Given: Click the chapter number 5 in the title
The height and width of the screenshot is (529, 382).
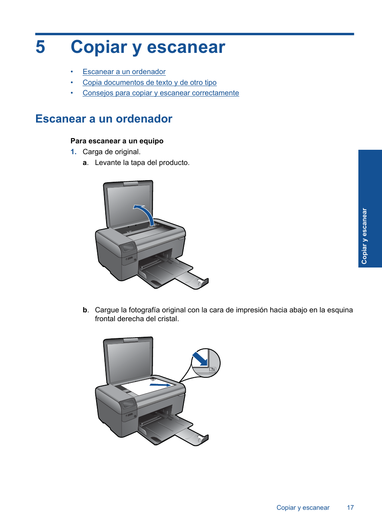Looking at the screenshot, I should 40,47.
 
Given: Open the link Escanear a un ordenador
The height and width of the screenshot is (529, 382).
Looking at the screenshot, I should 124,72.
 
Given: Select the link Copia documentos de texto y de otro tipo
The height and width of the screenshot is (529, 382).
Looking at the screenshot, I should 149,82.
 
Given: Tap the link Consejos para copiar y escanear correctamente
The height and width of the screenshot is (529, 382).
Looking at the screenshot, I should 161,93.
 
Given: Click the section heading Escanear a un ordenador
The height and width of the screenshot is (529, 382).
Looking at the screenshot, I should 104,119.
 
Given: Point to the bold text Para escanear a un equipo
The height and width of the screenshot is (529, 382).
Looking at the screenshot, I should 117,141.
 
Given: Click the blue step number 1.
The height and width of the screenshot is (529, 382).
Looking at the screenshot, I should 73,152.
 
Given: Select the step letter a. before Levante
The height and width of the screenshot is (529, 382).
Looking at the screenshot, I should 85,163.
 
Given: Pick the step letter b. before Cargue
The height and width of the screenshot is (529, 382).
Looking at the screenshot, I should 85,310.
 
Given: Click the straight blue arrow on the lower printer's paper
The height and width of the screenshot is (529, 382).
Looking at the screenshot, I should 160,385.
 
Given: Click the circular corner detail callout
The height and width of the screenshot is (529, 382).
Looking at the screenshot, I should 205,363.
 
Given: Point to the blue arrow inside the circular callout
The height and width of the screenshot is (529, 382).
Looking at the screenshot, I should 200,358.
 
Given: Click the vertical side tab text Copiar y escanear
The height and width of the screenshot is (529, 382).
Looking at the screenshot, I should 364,236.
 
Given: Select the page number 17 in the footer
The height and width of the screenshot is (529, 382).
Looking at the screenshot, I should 350,508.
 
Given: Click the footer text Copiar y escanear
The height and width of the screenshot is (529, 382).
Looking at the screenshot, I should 303,508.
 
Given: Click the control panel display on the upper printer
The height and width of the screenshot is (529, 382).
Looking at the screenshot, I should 129,247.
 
